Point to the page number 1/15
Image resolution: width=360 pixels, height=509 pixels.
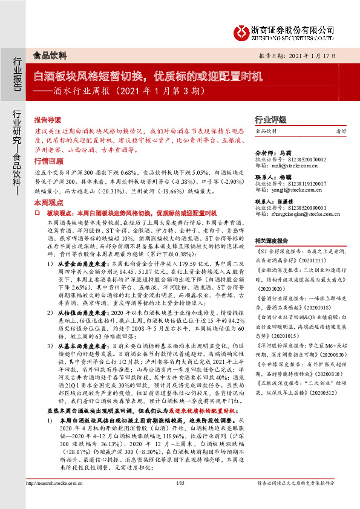[180, 501]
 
